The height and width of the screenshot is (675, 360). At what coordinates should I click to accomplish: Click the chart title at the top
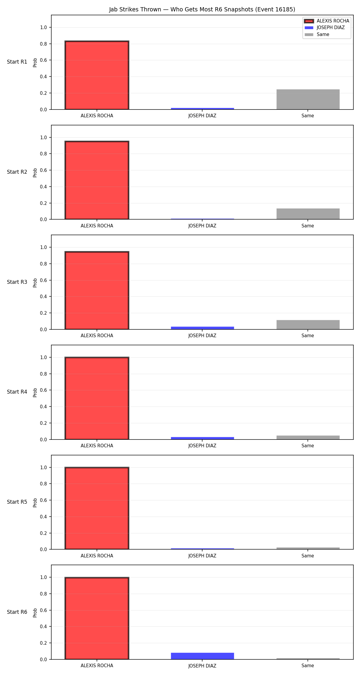202,10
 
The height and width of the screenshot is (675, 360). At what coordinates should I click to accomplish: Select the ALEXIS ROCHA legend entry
327,21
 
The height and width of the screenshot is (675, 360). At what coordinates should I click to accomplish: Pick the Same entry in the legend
317,34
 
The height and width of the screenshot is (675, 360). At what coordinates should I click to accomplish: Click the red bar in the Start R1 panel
97,75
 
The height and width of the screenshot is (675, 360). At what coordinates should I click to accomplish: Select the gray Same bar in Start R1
308,99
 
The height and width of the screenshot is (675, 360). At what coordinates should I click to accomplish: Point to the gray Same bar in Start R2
308,214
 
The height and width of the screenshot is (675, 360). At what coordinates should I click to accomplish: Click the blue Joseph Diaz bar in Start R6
202,656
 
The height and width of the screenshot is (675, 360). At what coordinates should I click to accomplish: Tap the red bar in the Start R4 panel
97,398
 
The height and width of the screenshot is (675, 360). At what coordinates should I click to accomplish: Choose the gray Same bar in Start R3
308,325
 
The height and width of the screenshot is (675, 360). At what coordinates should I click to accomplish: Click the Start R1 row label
17,62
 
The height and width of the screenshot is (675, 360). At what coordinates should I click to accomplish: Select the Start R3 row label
17,282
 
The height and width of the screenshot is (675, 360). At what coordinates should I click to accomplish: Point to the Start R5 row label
17,502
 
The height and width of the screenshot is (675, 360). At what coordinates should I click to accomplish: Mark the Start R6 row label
17,612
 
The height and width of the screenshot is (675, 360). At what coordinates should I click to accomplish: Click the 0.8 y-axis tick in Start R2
43,154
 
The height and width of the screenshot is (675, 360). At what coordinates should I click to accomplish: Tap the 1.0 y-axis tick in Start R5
43,467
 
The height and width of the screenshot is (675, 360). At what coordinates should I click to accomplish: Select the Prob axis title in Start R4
35,392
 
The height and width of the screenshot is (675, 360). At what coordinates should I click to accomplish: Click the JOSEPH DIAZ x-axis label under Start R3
202,336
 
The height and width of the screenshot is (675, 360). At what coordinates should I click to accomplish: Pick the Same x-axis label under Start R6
308,666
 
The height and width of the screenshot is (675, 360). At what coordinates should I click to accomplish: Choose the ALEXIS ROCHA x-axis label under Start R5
97,556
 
